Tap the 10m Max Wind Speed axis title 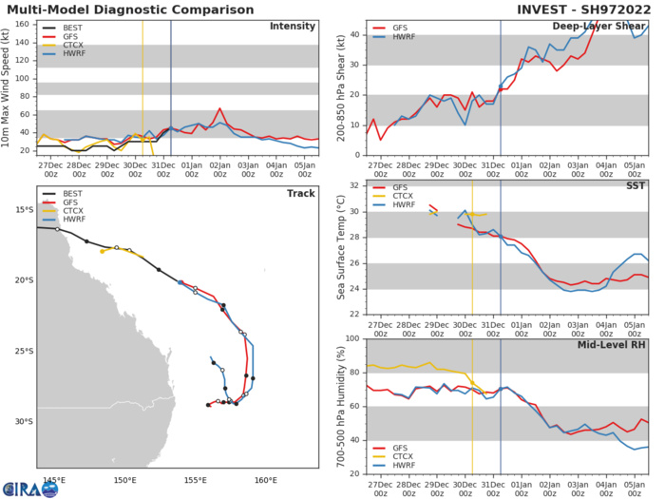click(9, 86)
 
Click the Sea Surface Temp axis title click(340, 249)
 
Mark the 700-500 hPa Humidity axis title click(340, 407)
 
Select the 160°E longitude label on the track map click(266, 453)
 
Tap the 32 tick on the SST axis click(354, 185)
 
